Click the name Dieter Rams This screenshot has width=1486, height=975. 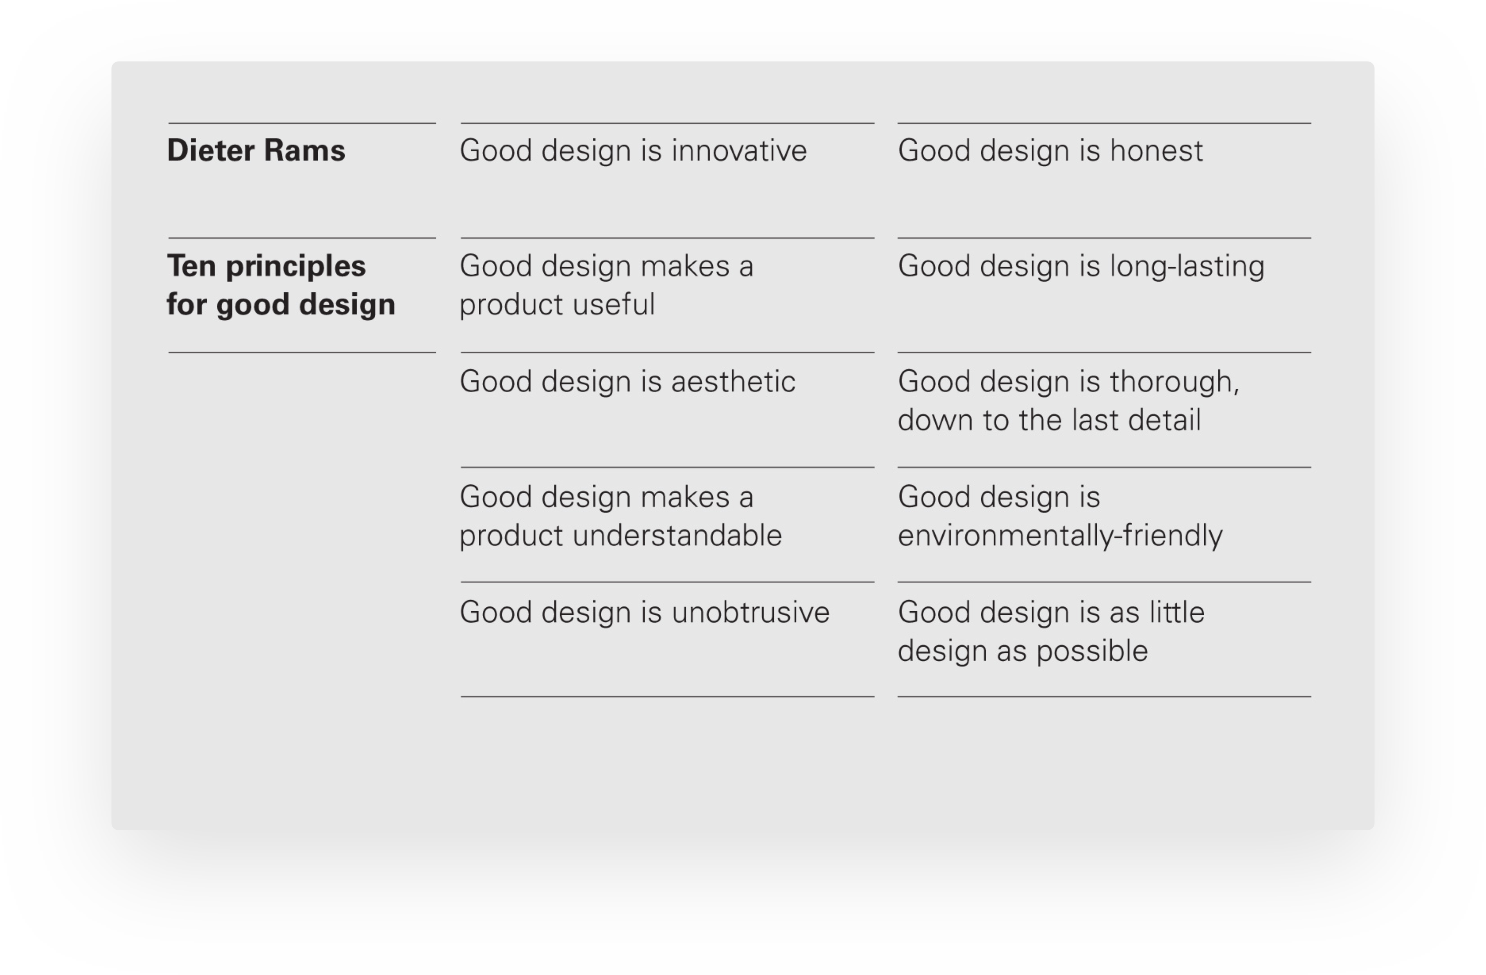pos(256,151)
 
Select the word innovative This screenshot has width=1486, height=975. pos(739,151)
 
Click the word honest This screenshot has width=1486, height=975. pos(1156,151)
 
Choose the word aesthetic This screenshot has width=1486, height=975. pos(734,381)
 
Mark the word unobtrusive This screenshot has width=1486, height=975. pos(750,613)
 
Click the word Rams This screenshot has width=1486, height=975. pos(304,151)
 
